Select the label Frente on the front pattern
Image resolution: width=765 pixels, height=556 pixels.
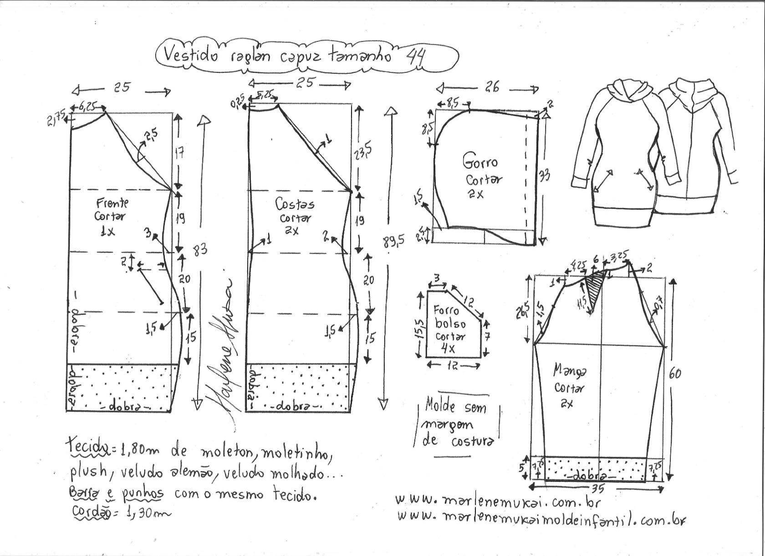[112, 202]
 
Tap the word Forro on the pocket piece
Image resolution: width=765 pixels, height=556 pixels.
[446, 311]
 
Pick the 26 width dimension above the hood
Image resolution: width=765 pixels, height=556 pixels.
[492, 87]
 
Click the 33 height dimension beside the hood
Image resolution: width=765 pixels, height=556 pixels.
[544, 175]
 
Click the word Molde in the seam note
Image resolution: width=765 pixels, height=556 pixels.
[440, 404]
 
